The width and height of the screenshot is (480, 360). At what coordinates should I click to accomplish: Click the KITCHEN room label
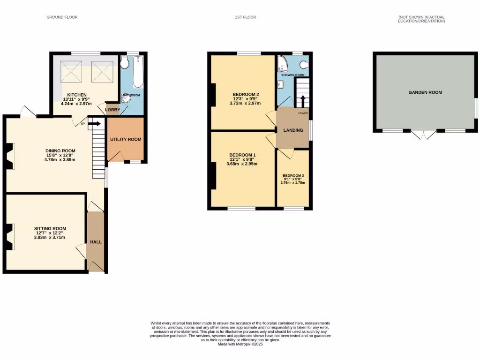click(76, 94)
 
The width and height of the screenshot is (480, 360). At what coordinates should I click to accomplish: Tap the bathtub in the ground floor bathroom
click(137, 72)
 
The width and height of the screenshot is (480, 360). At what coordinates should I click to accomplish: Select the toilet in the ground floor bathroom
click(125, 63)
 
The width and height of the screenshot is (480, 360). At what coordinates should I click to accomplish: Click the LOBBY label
click(112, 110)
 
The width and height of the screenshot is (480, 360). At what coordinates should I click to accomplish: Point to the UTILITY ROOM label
click(126, 139)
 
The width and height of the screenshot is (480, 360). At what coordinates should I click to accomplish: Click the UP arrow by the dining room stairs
click(94, 124)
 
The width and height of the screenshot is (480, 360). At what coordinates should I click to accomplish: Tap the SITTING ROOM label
click(49, 228)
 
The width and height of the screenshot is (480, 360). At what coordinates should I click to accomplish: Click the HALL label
click(96, 242)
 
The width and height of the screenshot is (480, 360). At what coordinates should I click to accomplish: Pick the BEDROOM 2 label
click(246, 94)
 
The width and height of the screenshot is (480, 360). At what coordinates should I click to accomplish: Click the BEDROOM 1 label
click(242, 155)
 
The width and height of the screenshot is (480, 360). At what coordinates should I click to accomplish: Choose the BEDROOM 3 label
click(293, 176)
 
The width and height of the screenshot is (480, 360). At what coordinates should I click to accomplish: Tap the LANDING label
click(293, 130)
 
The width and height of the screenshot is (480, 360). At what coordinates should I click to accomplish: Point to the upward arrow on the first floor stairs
click(302, 101)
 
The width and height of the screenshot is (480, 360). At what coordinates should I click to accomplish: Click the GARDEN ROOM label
click(425, 92)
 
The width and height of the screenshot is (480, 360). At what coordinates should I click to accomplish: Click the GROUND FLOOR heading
click(62, 17)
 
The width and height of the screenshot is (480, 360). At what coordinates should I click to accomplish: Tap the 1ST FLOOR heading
click(246, 17)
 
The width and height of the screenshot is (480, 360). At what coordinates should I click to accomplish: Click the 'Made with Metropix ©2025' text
click(240, 345)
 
